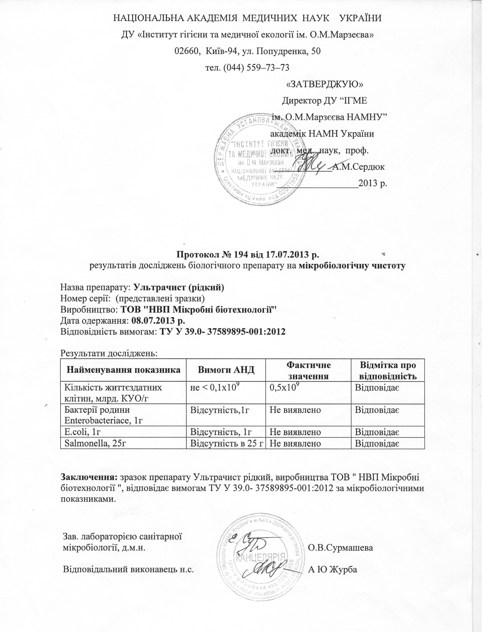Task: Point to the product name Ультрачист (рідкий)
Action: click(x=178, y=288)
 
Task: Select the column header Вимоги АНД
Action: click(x=226, y=370)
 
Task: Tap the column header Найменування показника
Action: click(x=124, y=370)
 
